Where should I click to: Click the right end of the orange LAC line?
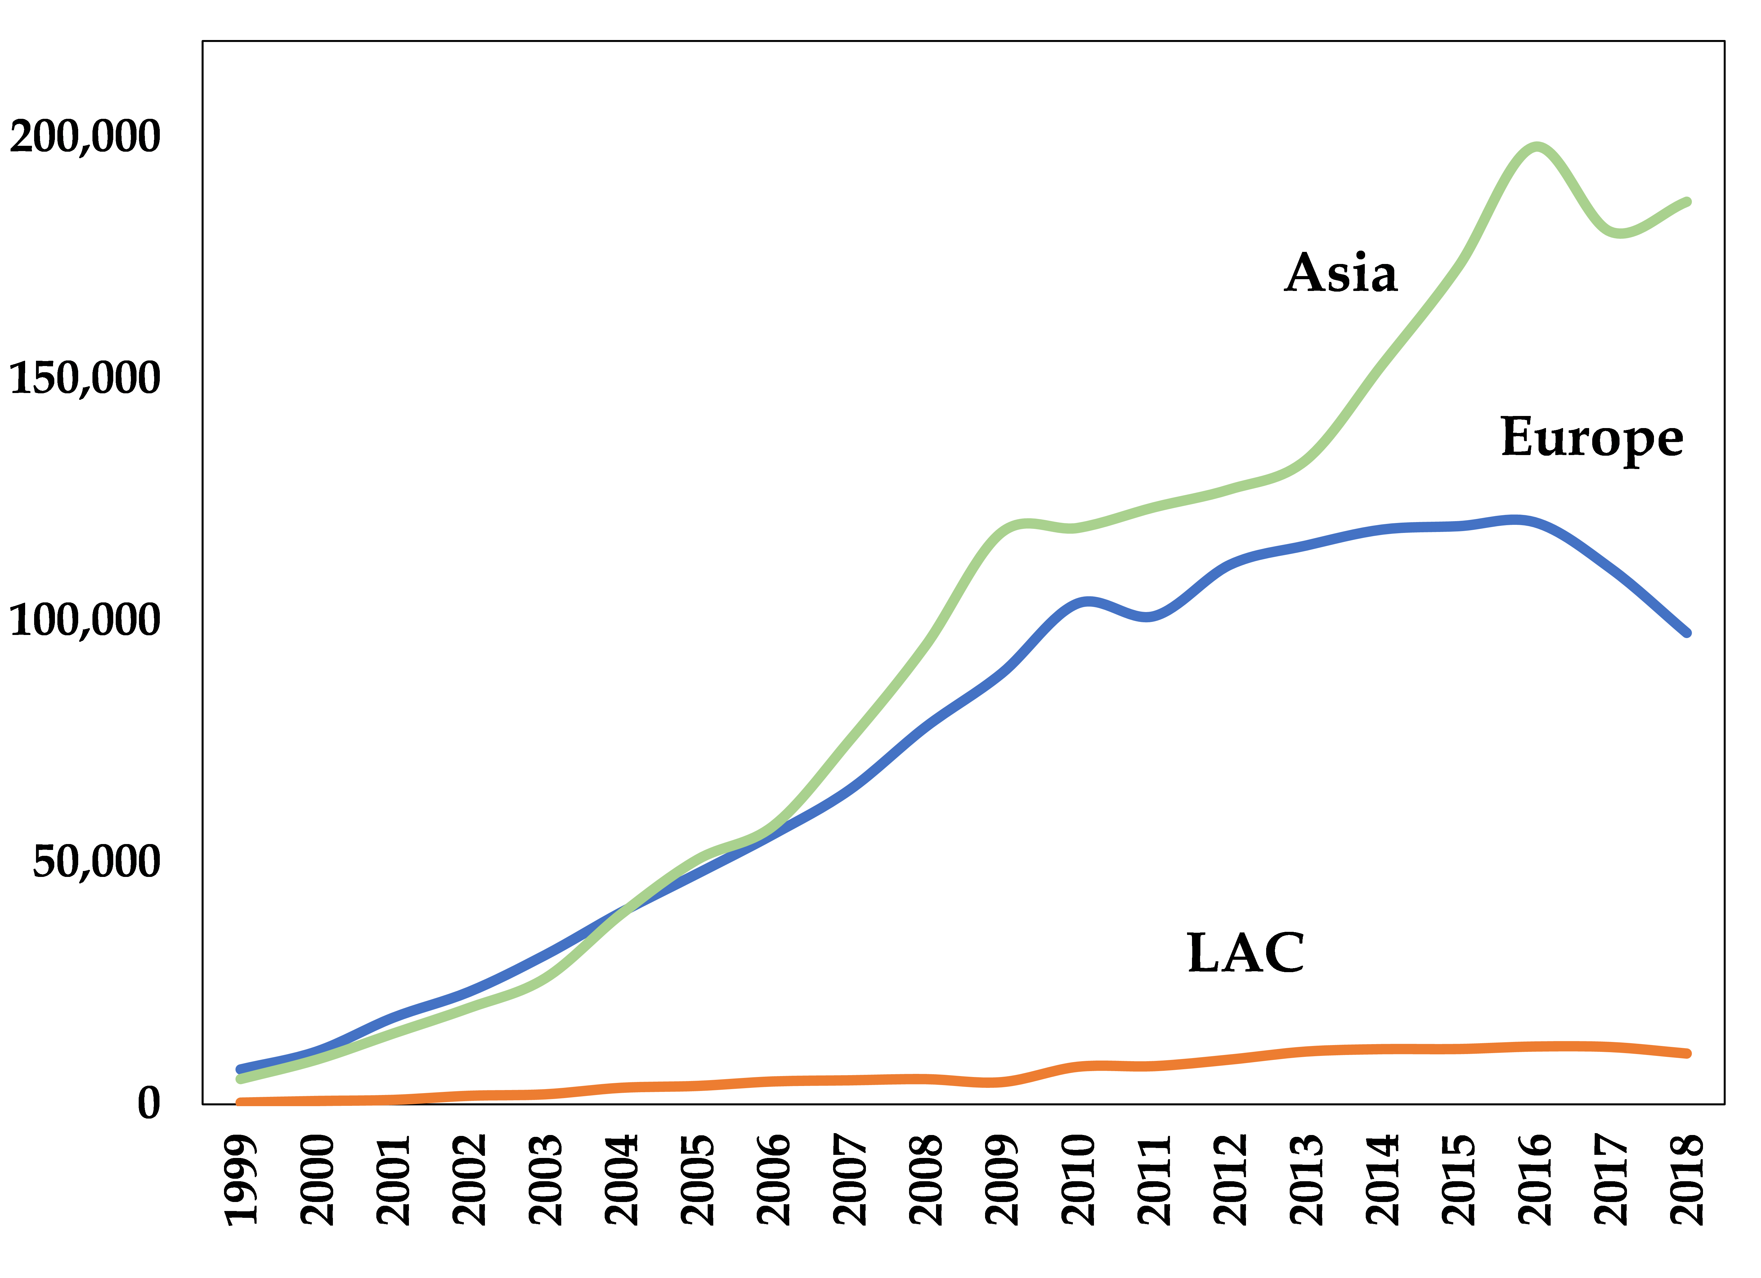[1687, 1054]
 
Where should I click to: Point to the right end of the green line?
[1687, 202]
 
